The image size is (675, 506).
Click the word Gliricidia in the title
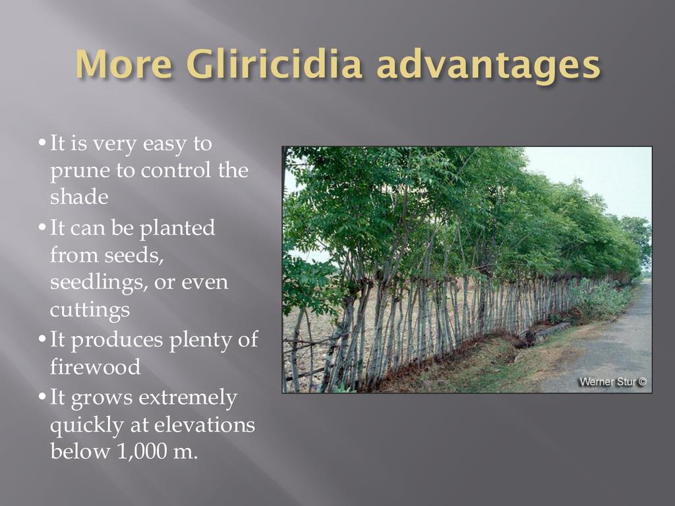click(x=274, y=64)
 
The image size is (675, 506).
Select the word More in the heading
click(x=125, y=64)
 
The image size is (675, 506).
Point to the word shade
click(x=79, y=196)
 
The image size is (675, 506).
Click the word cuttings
click(x=90, y=310)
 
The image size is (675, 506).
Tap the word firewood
click(x=95, y=366)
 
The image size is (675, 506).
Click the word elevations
click(x=204, y=425)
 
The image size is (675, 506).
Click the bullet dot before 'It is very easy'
click(x=42, y=142)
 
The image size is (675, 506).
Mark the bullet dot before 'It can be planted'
click(x=42, y=227)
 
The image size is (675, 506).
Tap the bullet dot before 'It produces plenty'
click(x=42, y=339)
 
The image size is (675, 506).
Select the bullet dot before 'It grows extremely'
click(x=42, y=396)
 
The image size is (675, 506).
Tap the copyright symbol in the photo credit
click(x=642, y=381)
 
